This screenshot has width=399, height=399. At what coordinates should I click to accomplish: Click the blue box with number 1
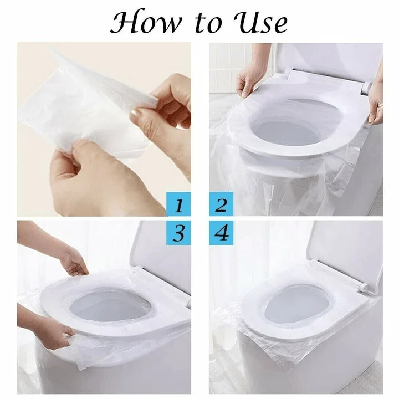pyautogui.click(x=179, y=205)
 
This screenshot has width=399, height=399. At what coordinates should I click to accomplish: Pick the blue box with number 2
pyautogui.click(x=221, y=205)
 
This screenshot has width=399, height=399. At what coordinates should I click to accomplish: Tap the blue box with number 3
pyautogui.click(x=179, y=233)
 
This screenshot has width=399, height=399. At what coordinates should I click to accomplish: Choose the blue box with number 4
pyautogui.click(x=221, y=233)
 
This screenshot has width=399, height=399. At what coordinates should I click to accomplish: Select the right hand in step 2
pyautogui.click(x=376, y=103)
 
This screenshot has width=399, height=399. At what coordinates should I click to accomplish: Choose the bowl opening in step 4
pyautogui.click(x=296, y=305)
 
